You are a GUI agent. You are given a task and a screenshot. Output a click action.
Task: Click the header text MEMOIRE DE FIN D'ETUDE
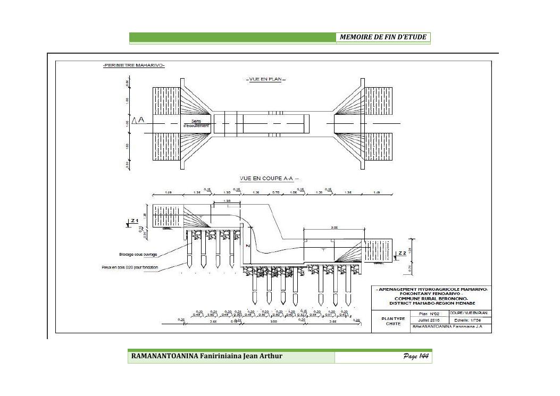tap(383, 37)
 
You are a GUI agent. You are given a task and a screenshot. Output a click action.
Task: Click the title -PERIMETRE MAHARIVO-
tap(133, 65)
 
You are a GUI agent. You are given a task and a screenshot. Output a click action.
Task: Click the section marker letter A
tap(141, 121)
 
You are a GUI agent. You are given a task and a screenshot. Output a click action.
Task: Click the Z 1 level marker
tap(134, 220)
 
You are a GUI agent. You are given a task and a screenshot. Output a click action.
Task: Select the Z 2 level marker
tap(402, 252)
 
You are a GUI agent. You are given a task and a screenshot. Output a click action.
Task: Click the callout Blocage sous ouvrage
tap(138, 255)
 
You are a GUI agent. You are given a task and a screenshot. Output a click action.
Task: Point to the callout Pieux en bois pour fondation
tap(130, 267)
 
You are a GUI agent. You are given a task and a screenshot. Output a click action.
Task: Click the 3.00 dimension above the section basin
tap(334, 227)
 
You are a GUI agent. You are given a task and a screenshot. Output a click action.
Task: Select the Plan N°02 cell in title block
tap(429, 314)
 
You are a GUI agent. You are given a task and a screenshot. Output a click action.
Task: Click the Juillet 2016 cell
tap(429, 321)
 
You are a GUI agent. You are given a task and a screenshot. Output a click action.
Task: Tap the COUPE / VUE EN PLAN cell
tap(470, 313)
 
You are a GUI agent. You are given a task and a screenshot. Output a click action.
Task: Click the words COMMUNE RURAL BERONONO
tap(431, 299)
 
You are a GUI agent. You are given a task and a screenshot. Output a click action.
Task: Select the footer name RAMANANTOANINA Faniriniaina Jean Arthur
tap(207, 356)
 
